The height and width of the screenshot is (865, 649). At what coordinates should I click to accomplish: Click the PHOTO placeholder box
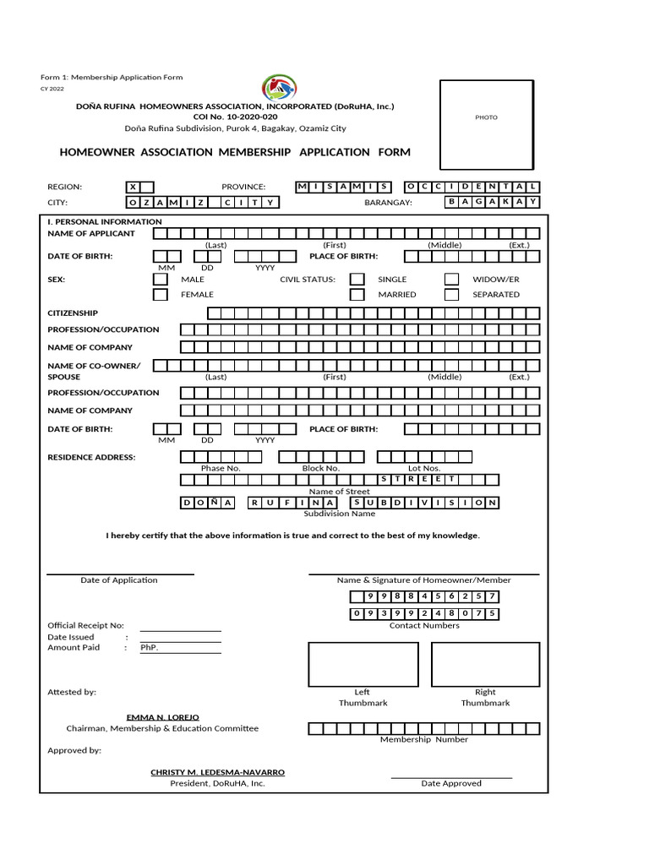(486, 117)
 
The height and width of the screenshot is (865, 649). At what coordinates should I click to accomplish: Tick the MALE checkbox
(161, 279)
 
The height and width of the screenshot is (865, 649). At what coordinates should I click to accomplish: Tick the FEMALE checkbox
(161, 295)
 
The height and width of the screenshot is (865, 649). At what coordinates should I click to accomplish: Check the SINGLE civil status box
(357, 279)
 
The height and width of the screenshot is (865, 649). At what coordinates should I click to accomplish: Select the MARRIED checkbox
(357, 295)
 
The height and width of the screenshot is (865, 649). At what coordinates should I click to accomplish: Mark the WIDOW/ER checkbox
(452, 279)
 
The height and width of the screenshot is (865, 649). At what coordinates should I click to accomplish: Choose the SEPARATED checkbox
(452, 295)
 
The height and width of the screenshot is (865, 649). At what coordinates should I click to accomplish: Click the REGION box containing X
(139, 187)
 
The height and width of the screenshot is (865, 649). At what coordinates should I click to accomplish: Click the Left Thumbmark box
(363, 664)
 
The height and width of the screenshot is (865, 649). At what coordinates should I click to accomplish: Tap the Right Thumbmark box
(485, 664)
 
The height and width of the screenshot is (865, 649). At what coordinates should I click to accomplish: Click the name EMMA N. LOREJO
(162, 717)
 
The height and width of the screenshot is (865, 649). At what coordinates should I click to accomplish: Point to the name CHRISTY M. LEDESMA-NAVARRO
(217, 772)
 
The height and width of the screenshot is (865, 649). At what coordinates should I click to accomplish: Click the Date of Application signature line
(119, 574)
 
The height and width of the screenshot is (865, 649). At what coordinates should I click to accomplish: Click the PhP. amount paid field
(180, 648)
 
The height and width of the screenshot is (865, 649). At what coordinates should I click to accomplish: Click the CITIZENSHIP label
(73, 313)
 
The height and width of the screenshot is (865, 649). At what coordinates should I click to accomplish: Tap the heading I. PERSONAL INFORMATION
(104, 221)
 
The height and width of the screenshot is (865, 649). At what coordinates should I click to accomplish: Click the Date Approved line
(451, 776)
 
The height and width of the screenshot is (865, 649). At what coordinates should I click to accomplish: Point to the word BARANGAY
(388, 203)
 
